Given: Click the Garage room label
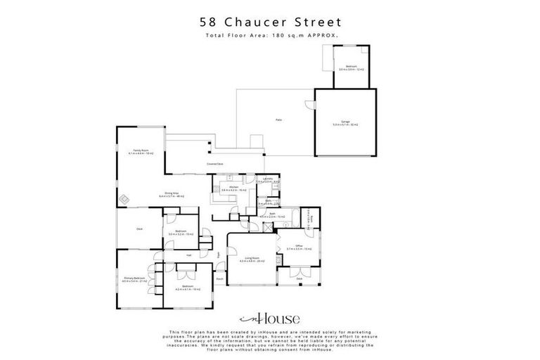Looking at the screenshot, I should coord(345,122).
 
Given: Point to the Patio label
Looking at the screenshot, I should coord(278,121).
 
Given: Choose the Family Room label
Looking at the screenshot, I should coord(141,150).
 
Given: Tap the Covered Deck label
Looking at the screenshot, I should coord(215,165).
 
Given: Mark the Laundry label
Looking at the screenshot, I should coord(267,179).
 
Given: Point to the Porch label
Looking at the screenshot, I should coord(219,279).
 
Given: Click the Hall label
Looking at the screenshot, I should coord(189,255).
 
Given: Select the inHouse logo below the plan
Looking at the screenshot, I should coord(269,319).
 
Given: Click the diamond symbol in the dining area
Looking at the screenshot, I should coord(124,198).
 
